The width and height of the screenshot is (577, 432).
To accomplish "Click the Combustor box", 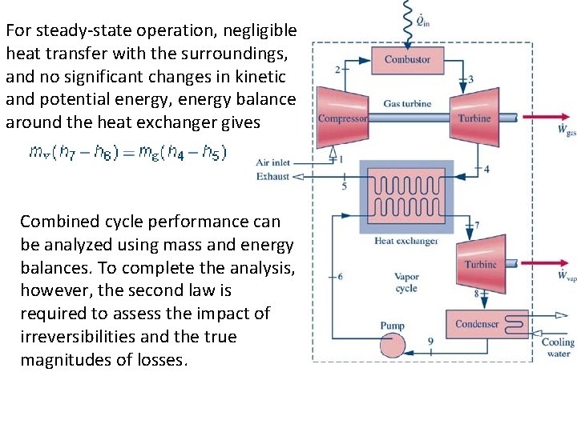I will coord(407,60).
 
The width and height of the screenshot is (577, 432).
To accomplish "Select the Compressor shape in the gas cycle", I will coord(342,118).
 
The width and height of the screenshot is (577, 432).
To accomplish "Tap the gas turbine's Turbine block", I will coord(474,118).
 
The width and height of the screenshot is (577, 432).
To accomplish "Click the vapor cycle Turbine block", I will coord(481,264).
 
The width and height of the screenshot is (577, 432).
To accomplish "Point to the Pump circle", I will coord(392,345).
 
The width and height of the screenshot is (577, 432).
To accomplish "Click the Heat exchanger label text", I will coord(406,241).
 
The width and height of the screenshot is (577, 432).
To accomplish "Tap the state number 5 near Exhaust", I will coord(345,186).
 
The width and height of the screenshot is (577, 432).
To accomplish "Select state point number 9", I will coord(430,342).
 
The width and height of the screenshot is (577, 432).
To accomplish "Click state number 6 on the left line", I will coord(340,277).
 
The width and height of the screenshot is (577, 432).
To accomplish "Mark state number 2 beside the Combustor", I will coord(337,70).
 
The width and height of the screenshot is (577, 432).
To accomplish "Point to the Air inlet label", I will coord(273,162).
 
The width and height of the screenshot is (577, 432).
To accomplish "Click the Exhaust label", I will coord(272,176).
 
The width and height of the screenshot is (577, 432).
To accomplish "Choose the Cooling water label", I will coord(558,347).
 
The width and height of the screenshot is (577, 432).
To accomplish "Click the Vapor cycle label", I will coord(407,282).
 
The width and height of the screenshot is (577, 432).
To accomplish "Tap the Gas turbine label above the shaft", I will coord(407,103).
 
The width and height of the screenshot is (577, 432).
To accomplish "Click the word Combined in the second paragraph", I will coord(56,222).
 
